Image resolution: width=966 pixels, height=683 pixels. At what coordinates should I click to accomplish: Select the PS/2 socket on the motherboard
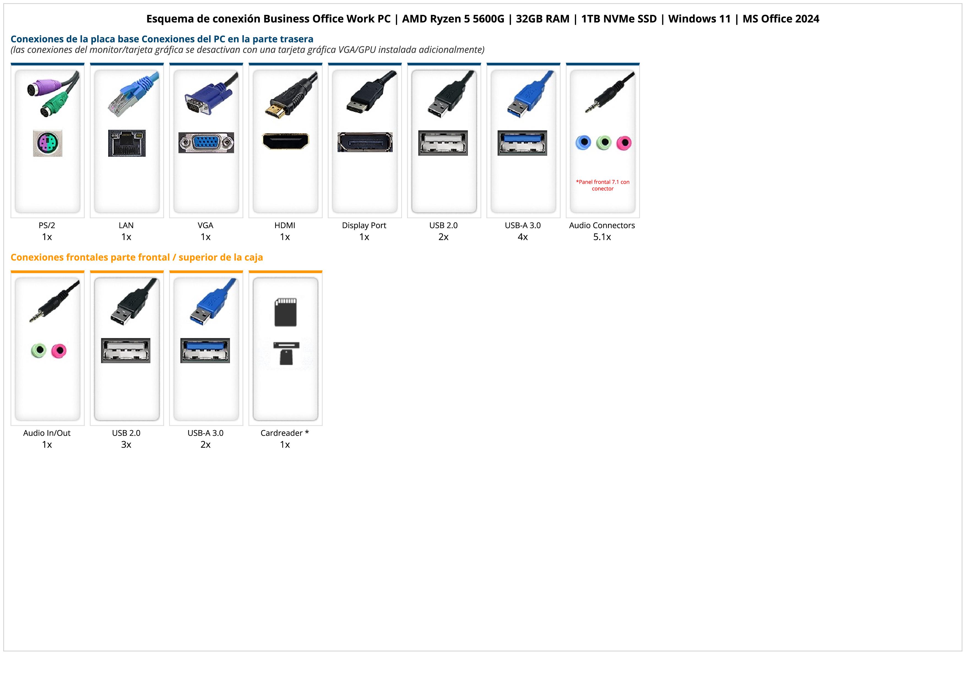[x=48, y=144]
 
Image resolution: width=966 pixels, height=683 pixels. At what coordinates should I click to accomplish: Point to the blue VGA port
[x=206, y=143]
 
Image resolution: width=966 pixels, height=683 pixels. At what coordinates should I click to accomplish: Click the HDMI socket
[x=285, y=141]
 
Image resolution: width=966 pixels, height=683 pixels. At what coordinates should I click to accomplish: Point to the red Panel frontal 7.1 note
[x=603, y=185]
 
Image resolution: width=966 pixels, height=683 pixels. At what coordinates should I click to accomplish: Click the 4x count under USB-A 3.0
[x=523, y=237]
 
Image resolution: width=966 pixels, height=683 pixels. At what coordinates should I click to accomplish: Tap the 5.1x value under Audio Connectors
[x=602, y=237]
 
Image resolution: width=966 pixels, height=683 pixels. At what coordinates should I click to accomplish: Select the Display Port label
[x=364, y=225]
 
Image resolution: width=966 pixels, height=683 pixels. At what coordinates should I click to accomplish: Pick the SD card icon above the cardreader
[x=285, y=312]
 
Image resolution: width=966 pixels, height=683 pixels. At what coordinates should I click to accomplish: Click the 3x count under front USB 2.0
[x=126, y=444]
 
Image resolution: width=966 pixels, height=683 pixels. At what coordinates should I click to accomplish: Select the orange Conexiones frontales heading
[x=137, y=257]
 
